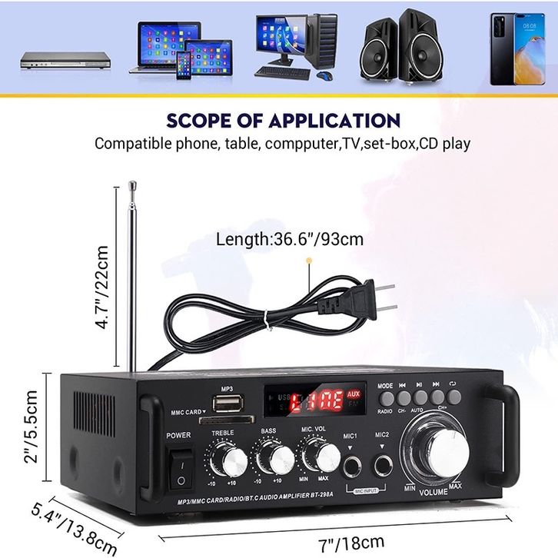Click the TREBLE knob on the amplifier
[227, 460]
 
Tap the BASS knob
[270, 460]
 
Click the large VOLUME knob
[432, 451]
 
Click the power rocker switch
[179, 469]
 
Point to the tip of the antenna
[132, 184]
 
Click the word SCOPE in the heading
[205, 121]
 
